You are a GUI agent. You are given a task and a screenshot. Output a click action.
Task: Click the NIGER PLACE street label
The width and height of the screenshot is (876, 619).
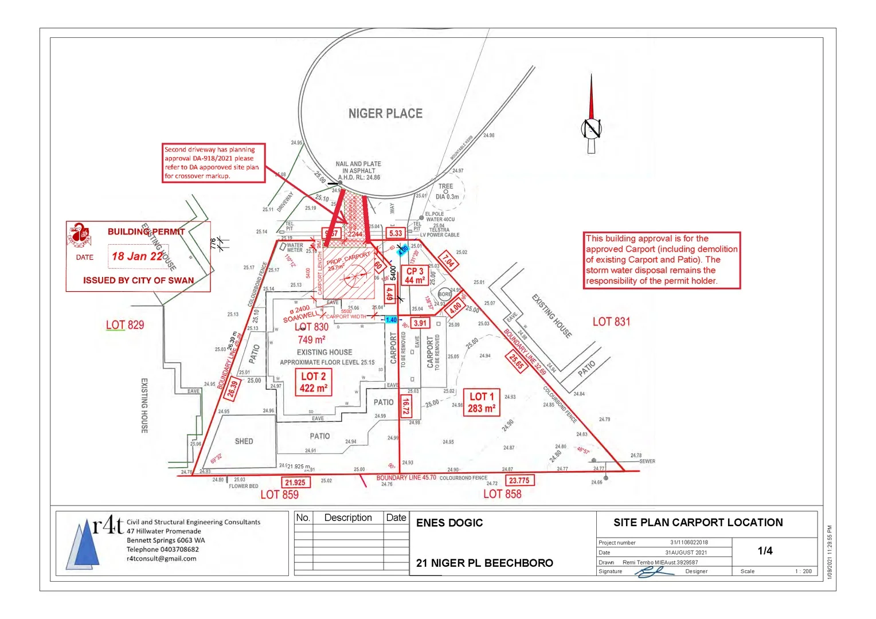(385, 113)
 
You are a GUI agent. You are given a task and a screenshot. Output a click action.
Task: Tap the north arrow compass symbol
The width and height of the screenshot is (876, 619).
(591, 127)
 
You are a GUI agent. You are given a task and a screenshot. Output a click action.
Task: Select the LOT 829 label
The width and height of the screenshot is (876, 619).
(125, 325)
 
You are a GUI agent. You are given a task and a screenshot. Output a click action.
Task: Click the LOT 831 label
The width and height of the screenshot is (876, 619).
(611, 322)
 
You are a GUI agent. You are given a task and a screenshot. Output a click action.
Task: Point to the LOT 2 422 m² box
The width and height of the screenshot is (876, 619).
(313, 382)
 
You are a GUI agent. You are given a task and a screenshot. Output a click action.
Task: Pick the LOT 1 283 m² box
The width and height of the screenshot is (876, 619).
(482, 402)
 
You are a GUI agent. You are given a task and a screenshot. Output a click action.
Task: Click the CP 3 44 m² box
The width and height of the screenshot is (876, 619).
(414, 276)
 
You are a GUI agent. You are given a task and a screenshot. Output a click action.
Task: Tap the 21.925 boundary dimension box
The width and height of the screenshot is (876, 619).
(295, 483)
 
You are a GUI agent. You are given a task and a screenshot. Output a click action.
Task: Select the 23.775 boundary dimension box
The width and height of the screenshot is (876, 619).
(519, 480)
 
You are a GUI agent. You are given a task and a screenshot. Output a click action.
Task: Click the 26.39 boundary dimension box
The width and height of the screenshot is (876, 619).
(232, 389)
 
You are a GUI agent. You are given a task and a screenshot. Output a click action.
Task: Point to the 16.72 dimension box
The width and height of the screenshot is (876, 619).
(405, 406)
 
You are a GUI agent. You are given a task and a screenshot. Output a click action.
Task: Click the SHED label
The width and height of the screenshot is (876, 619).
(244, 441)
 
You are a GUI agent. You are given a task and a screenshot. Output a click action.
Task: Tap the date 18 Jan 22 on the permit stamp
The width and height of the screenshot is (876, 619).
(138, 256)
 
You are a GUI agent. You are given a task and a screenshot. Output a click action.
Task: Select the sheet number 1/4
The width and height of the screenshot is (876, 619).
(765, 551)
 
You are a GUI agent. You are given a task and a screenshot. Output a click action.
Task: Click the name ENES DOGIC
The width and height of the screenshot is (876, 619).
(449, 523)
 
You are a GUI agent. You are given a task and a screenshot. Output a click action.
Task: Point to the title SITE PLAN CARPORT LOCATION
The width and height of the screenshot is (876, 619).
(698, 522)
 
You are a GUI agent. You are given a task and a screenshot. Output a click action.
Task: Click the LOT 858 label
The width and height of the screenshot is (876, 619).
(502, 494)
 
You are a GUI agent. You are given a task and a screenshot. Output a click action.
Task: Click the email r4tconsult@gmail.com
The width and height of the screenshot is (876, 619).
(161, 558)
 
